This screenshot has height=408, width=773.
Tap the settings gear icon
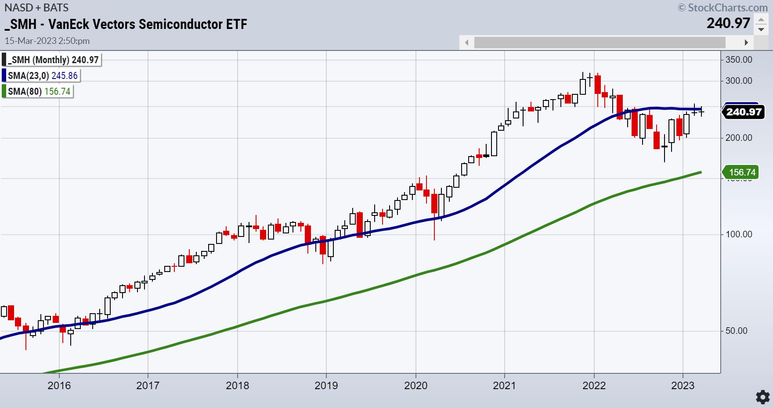point(762,397)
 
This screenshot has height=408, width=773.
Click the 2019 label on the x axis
point(326,386)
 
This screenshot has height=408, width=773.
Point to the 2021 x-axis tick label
point(505,386)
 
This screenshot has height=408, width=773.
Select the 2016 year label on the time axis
point(59,386)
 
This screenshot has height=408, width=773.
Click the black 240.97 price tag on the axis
point(743,112)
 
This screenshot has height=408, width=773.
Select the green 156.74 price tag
point(742,172)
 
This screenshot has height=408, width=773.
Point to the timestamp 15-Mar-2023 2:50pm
point(47,41)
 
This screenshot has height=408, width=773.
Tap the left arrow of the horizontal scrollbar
point(466,43)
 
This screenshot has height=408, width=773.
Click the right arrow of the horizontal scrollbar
point(746,43)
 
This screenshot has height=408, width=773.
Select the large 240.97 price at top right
point(728,23)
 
